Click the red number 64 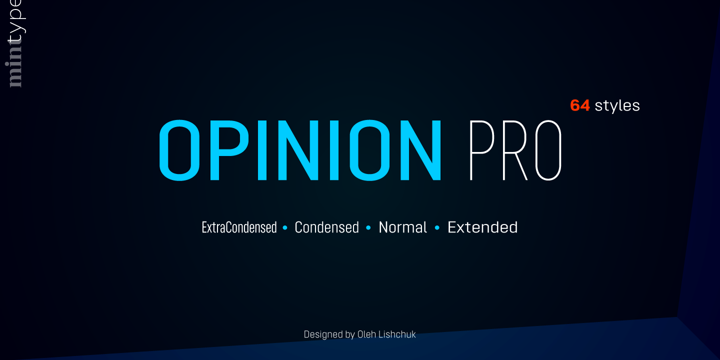(x=580, y=105)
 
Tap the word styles (x=617, y=105)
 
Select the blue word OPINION (x=300, y=150)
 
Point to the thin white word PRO (x=515, y=150)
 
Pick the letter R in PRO (x=515, y=150)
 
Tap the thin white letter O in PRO (x=547, y=150)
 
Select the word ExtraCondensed (x=239, y=227)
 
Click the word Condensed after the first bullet (x=327, y=227)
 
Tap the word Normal (x=403, y=227)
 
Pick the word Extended (x=482, y=227)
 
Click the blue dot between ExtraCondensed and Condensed (x=285, y=228)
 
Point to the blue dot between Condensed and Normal (x=368, y=228)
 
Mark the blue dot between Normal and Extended (x=437, y=228)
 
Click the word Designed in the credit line (x=323, y=334)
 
